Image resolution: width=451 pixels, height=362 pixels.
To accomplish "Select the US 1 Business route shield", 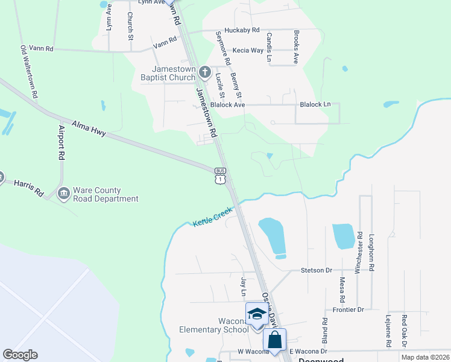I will pyautogui.click(x=221, y=175).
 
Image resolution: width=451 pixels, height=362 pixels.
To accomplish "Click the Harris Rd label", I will pyautogui.click(x=29, y=188).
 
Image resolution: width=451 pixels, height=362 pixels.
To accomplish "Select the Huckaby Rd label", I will pyautogui.click(x=241, y=30).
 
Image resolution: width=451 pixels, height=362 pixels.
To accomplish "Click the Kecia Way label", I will pyautogui.click(x=248, y=50).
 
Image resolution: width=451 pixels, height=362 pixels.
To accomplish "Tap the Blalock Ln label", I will pyautogui.click(x=315, y=104).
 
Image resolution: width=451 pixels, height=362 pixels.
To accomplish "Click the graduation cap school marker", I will pyautogui.click(x=256, y=314).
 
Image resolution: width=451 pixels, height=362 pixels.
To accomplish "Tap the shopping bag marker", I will pyautogui.click(x=275, y=339).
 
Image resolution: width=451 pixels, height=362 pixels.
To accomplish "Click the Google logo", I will pyautogui.click(x=20, y=355).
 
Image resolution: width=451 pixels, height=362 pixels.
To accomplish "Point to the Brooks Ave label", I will pyautogui.click(x=296, y=48).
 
